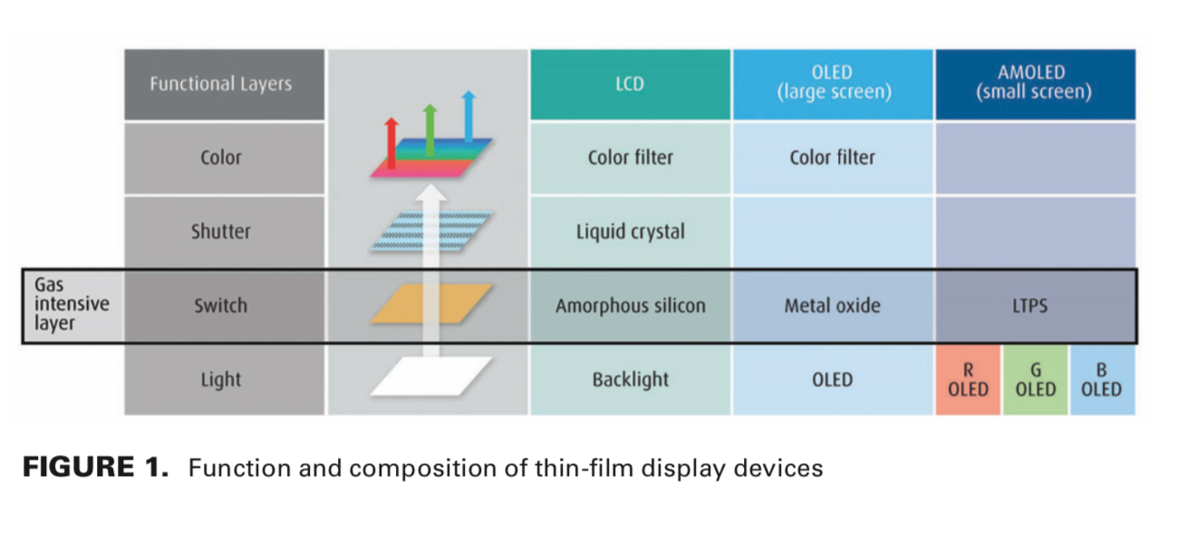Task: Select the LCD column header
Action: coord(630,84)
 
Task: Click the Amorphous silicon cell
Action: coord(630,306)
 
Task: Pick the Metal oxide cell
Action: coord(833,306)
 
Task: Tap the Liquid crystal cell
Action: coord(630,232)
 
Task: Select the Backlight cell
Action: coord(630,380)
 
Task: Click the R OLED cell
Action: coord(968,380)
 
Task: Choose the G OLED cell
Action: coord(1036,380)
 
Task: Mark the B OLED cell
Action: coord(1101,380)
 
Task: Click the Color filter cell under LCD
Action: coord(630,158)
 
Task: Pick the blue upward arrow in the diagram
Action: coord(468,116)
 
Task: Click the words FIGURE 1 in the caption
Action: coord(95,469)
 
